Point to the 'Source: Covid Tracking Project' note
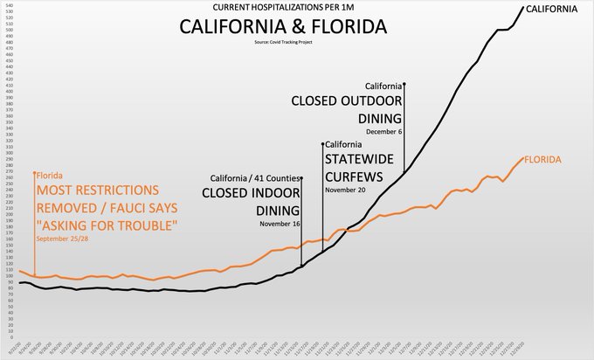click(283, 42)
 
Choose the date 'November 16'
click(280, 225)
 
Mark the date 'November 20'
click(346, 189)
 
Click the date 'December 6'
click(383, 132)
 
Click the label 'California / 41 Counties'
click(254, 179)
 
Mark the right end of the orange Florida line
click(522, 158)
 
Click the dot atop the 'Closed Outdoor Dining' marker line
click(404, 84)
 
